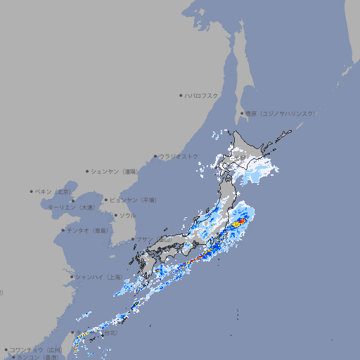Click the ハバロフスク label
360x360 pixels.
[202, 95]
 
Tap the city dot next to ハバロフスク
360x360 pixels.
[181, 95]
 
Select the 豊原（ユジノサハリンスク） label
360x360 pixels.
[281, 113]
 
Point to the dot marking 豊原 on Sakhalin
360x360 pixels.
[242, 113]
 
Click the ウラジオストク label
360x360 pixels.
[179, 156]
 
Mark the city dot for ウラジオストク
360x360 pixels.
[155, 157]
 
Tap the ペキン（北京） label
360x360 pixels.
[54, 191]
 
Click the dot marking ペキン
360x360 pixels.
[32, 191]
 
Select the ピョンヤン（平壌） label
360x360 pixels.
[133, 200]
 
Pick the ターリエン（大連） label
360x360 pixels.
[70, 207]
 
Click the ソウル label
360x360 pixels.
[127, 215]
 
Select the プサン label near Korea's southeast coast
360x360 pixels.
[143, 239]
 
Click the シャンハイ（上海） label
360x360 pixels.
[98, 277]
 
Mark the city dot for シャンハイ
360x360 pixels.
[72, 277]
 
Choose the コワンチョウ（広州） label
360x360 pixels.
[36, 349]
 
